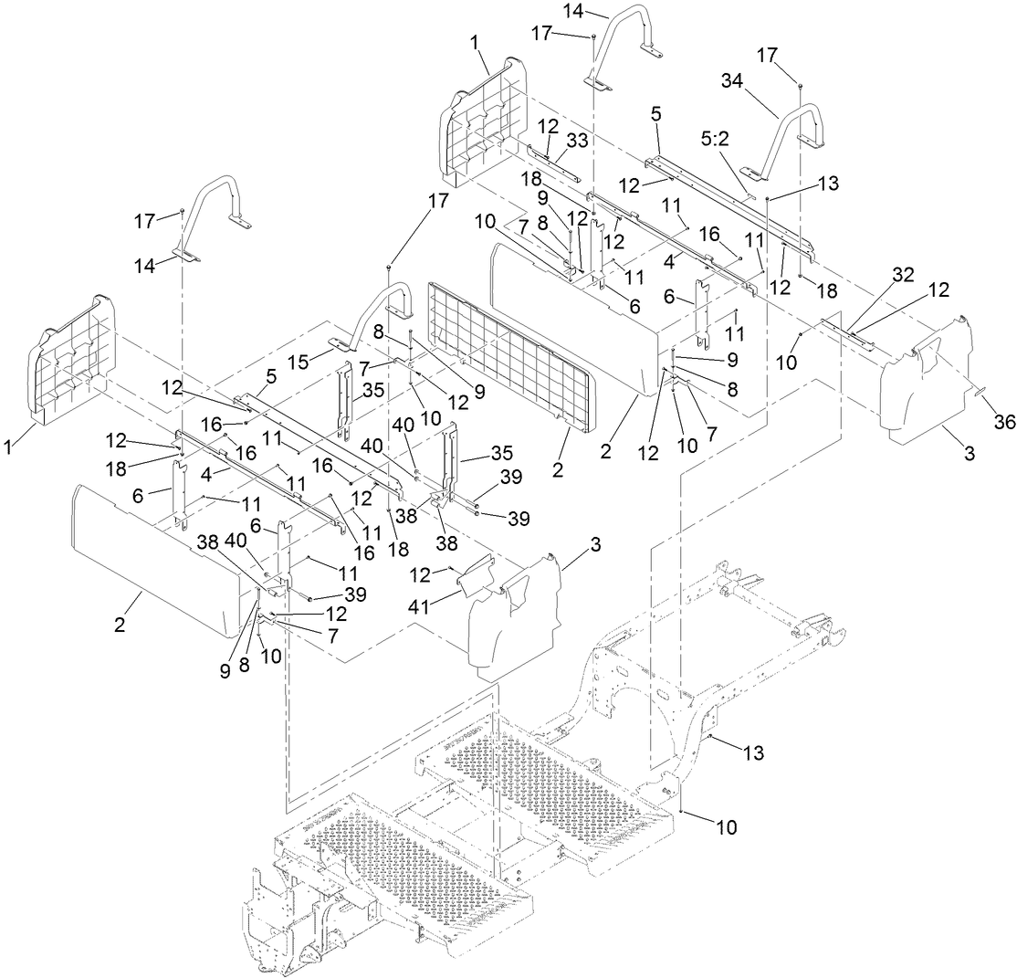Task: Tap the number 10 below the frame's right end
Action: click(726, 827)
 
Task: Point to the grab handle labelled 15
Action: click(383, 310)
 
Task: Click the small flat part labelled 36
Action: click(978, 391)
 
